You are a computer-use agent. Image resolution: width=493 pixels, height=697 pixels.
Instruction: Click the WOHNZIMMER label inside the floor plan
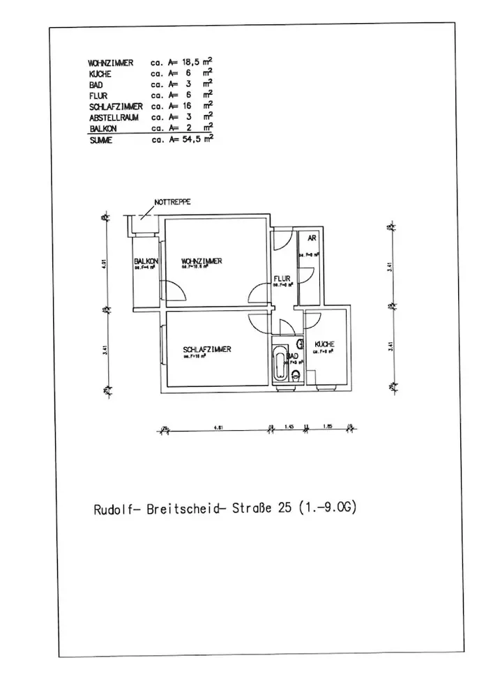click(x=202, y=261)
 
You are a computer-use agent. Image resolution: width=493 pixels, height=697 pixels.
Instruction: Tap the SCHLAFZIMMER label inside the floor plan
click(x=207, y=350)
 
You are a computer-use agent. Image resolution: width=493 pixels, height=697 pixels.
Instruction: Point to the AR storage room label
click(x=313, y=238)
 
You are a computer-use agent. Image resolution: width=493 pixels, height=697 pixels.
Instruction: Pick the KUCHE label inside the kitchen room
click(x=324, y=344)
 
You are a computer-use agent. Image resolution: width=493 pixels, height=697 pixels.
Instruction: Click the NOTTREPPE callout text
click(x=172, y=201)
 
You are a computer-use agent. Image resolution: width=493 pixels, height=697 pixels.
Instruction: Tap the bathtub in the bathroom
click(x=280, y=364)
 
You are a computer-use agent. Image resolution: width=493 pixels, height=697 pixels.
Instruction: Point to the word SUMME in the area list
click(x=101, y=139)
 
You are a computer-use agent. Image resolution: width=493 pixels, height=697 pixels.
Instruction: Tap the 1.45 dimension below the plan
click(x=289, y=428)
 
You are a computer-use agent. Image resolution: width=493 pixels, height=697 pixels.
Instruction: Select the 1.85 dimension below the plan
click(x=326, y=428)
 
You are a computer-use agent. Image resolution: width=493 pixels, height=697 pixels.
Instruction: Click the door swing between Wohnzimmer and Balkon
click(x=172, y=291)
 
